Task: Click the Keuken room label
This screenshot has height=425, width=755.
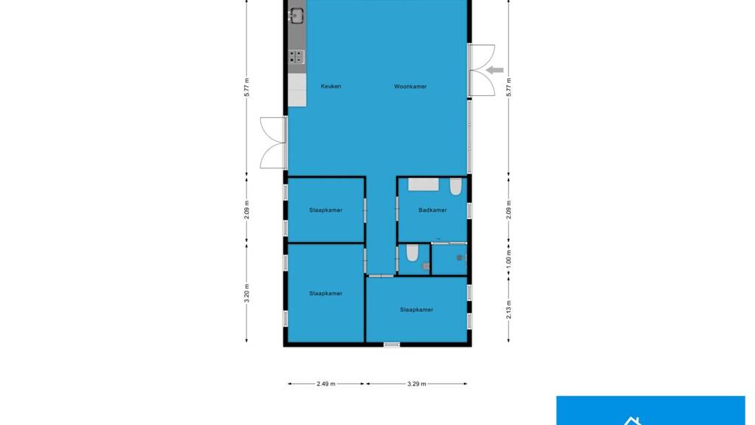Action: point(331,87)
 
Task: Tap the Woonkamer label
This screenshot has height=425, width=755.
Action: point(410,87)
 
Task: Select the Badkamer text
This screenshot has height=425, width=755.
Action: point(432,210)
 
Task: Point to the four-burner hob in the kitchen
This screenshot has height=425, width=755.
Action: point(296,57)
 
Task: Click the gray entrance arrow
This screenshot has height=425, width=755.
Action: point(495,70)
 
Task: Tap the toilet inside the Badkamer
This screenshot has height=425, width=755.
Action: point(456,187)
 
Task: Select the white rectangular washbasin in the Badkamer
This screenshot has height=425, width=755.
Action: point(423,184)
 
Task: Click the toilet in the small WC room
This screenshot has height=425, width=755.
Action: point(412,252)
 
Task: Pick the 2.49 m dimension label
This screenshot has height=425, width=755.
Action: point(326,384)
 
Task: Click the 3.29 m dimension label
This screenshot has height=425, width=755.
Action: point(417,384)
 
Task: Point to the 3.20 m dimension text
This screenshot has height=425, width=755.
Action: point(246,293)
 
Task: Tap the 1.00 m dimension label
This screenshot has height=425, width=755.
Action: point(509,259)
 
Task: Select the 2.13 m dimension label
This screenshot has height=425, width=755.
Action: point(509,309)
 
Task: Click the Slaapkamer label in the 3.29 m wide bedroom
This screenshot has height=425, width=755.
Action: point(417,310)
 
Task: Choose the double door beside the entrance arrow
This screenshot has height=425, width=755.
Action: point(481,70)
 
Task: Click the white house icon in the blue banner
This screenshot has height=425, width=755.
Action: point(632,421)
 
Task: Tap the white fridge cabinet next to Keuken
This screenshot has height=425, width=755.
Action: point(297,90)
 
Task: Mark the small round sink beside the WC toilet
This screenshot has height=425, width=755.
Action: point(425,266)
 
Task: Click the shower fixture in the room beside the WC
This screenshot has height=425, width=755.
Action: point(461,258)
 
